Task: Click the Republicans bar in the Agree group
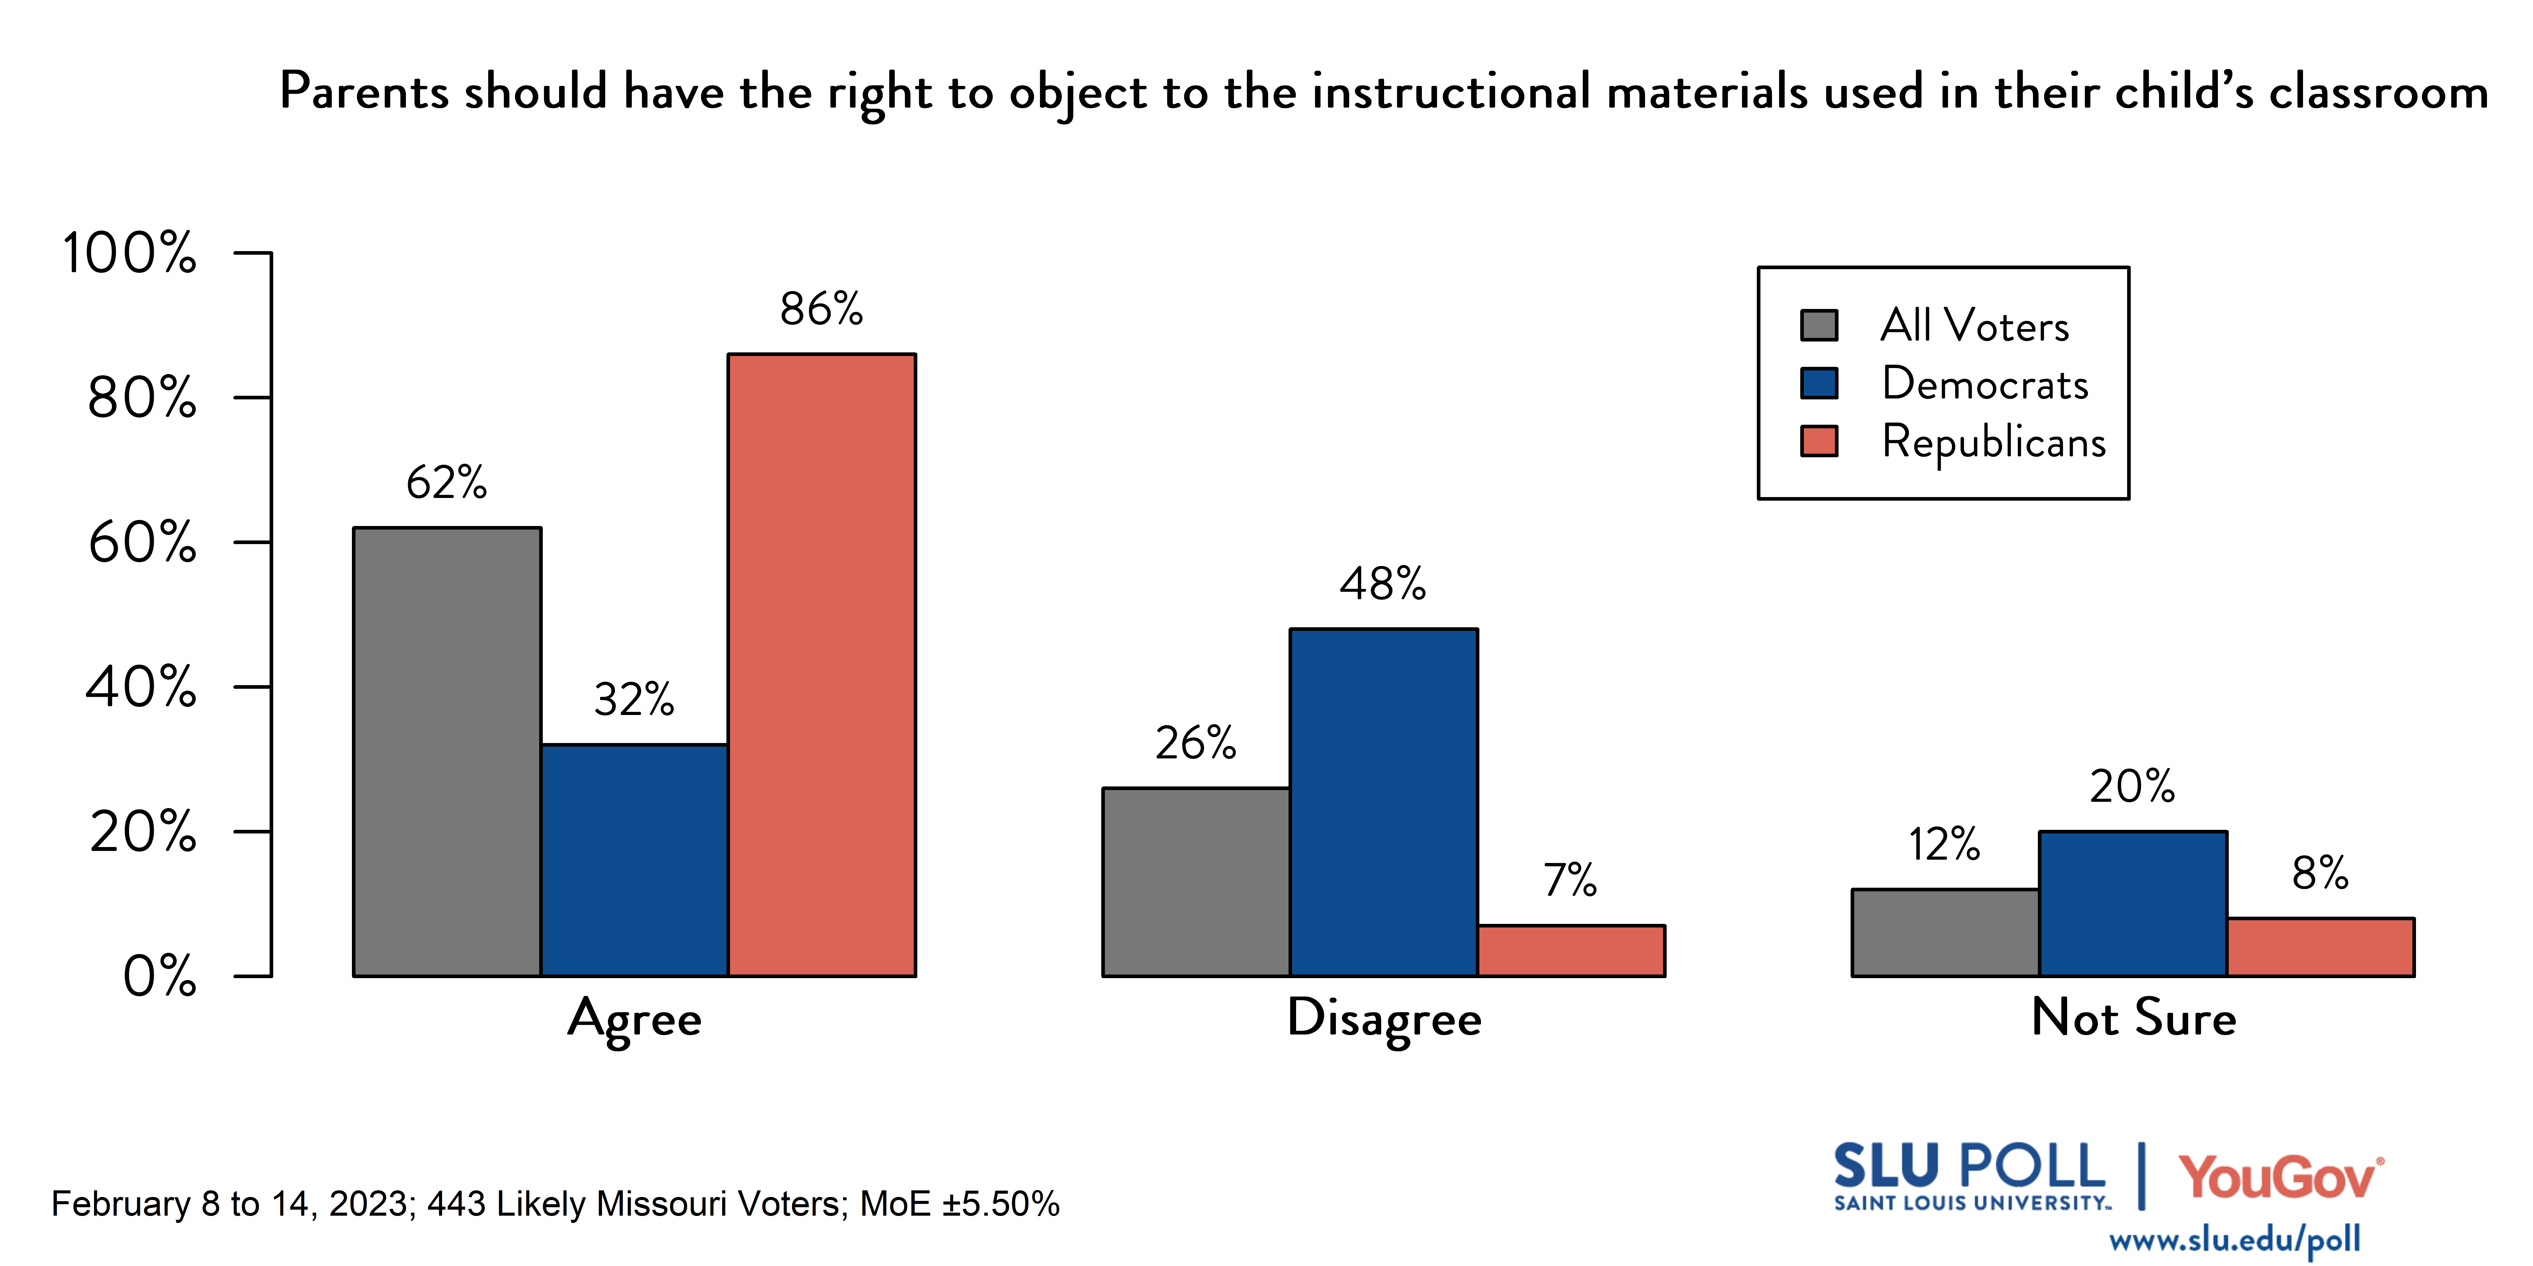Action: tap(821, 664)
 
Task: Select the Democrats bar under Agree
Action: tap(634, 860)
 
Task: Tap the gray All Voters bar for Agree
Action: tap(447, 752)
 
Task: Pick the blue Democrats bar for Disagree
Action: tap(1384, 802)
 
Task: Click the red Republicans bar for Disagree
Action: tap(1570, 950)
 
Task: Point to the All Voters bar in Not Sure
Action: tap(1945, 933)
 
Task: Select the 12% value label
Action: tap(1944, 844)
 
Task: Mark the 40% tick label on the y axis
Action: tap(141, 687)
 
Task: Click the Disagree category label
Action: tap(1384, 1018)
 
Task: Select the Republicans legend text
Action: tap(1993, 441)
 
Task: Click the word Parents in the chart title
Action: tap(364, 93)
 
